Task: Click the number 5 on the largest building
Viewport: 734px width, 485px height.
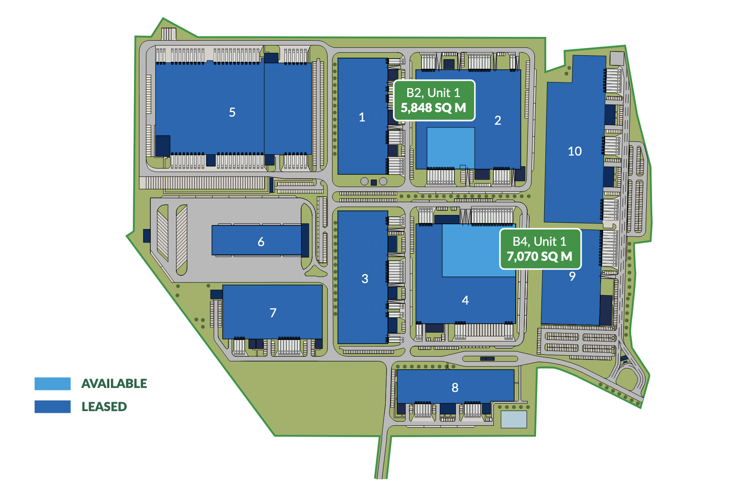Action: tap(232, 112)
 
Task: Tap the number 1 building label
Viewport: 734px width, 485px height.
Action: tap(362, 117)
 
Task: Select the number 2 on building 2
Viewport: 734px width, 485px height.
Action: tap(498, 121)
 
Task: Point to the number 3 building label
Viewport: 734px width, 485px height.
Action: tap(365, 279)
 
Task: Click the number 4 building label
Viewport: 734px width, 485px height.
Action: tap(465, 300)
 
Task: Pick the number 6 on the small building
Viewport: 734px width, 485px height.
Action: tap(261, 242)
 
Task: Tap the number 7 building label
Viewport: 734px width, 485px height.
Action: tap(273, 313)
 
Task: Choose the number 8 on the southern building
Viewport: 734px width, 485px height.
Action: tap(455, 388)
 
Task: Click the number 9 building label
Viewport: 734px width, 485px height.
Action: tap(572, 276)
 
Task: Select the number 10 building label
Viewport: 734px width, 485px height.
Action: tap(574, 151)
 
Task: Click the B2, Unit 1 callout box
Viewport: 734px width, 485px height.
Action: tap(434, 100)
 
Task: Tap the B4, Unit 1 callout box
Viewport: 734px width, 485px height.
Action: tap(540, 249)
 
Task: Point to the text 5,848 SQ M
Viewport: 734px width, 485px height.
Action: tap(433, 108)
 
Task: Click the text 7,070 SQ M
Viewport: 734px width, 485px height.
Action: tap(539, 256)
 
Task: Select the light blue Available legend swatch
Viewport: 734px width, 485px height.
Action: tap(52, 384)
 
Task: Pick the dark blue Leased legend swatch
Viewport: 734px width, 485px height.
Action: tap(52, 407)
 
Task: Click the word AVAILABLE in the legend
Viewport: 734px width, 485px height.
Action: tap(114, 384)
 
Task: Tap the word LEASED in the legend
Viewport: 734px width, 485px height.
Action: tap(104, 407)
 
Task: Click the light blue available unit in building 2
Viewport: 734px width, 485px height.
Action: tap(450, 148)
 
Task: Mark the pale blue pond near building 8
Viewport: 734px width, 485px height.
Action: tap(513, 419)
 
